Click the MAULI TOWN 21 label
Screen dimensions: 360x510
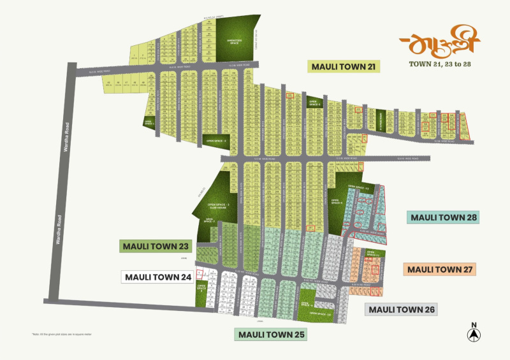[344, 66]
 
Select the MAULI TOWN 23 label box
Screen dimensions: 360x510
[156, 246]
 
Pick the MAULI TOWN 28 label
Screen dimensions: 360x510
[444, 217]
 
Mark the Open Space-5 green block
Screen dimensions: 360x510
[314, 102]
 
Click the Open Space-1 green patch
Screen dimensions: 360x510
[148, 120]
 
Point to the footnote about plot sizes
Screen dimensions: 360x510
[61, 334]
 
